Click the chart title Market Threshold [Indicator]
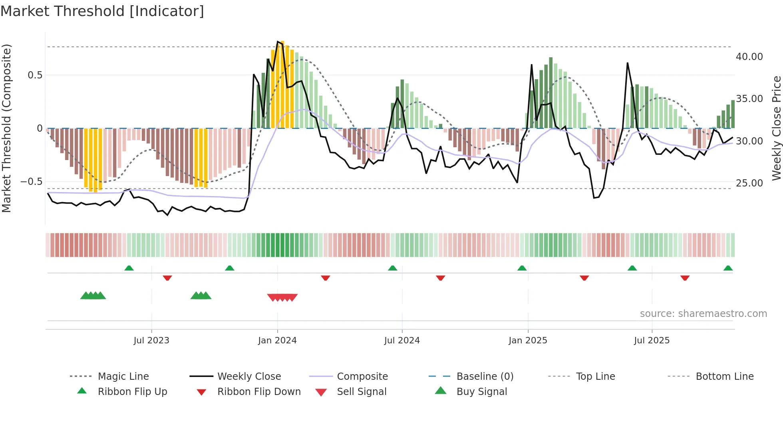coord(102,11)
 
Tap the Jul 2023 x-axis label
coord(151,341)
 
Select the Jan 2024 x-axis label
coord(277,341)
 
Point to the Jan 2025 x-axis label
coord(528,341)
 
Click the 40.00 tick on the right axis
coord(749,57)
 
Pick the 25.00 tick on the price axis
coord(749,183)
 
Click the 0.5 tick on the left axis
coord(35,75)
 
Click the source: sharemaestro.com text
coord(703,314)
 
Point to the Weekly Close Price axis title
coord(776,128)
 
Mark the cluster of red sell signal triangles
coord(282,297)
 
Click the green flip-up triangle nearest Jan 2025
coord(522,268)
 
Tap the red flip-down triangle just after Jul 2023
coord(167,278)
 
